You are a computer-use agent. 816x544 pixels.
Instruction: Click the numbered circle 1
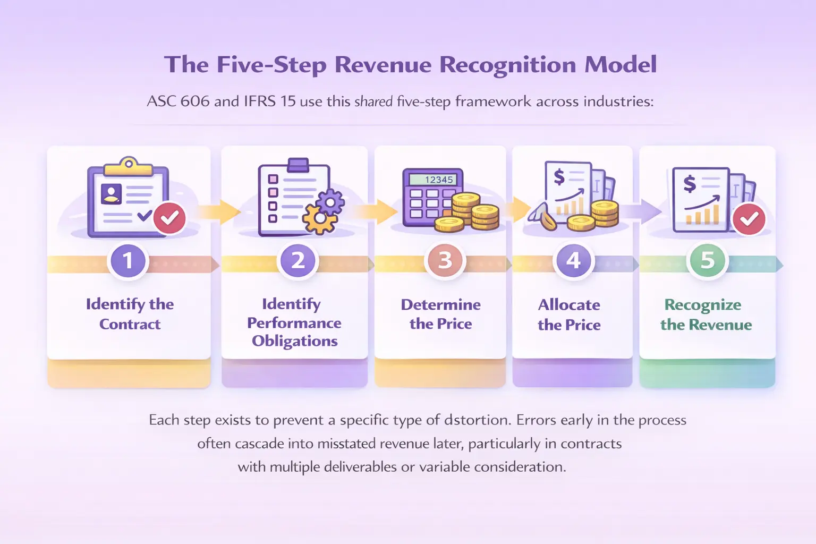(127, 261)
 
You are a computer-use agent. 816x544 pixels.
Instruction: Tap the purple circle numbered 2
(297, 261)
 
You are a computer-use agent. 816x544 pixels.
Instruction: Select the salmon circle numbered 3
(445, 261)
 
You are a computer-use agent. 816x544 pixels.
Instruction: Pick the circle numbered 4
(573, 261)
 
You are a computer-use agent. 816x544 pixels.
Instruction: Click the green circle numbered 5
(707, 261)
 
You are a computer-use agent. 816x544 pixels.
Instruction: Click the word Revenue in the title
(382, 65)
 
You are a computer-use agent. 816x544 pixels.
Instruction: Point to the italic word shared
(373, 101)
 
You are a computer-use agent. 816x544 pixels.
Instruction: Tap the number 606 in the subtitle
(195, 101)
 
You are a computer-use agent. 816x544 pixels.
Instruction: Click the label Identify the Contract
(130, 314)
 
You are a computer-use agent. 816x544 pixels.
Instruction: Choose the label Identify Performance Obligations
(294, 322)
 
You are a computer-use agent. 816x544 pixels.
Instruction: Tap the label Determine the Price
(440, 314)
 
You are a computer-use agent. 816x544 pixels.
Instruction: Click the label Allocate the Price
(569, 314)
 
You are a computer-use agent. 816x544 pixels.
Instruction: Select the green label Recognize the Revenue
(705, 314)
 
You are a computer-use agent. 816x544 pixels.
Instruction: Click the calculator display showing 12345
(439, 180)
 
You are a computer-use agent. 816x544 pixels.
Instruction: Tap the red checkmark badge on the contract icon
(169, 218)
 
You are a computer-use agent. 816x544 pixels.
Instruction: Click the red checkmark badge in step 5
(749, 218)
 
